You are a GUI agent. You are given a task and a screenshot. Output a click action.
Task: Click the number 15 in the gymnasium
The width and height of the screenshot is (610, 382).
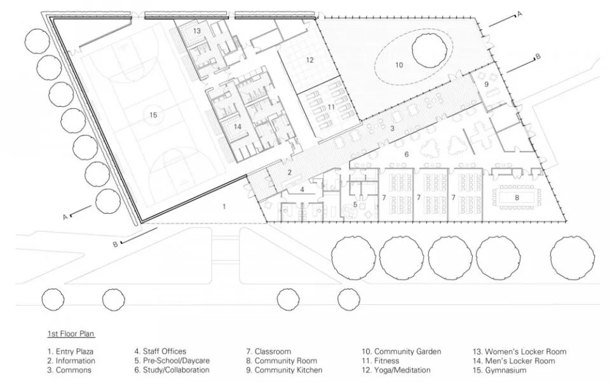point(153,115)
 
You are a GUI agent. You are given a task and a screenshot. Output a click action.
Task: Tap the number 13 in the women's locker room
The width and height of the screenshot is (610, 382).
point(198,31)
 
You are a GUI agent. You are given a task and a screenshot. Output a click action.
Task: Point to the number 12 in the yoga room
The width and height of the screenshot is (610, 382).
point(309,60)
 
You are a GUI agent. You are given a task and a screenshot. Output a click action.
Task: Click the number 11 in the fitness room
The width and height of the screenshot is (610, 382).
point(331,107)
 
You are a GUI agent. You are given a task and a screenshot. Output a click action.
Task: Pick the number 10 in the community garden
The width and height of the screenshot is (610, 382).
point(399,64)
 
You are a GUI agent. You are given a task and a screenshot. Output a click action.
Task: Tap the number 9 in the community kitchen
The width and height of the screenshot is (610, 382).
point(487,84)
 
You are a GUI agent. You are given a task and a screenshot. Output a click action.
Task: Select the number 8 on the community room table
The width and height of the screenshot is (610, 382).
point(517,198)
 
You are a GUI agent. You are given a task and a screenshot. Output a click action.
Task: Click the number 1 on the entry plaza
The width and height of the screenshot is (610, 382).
point(224,206)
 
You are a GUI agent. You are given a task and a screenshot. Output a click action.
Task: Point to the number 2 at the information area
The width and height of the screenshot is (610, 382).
point(289,173)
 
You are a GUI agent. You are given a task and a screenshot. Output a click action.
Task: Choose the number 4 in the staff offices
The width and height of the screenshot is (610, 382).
point(302,189)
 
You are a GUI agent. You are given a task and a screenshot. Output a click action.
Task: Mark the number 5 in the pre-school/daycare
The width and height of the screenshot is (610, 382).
point(355,204)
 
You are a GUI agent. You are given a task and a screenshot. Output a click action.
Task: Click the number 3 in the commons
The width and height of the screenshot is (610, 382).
point(392,129)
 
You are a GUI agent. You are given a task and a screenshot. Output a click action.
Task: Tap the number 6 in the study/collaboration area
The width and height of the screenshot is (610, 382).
point(407,154)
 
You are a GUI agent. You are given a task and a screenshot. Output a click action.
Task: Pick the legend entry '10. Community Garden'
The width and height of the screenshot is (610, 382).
point(402,351)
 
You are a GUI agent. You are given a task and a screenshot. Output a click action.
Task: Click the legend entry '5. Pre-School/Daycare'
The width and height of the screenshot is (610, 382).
point(172,361)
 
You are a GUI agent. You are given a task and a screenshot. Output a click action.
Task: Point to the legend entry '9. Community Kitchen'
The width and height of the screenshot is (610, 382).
point(284,370)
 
